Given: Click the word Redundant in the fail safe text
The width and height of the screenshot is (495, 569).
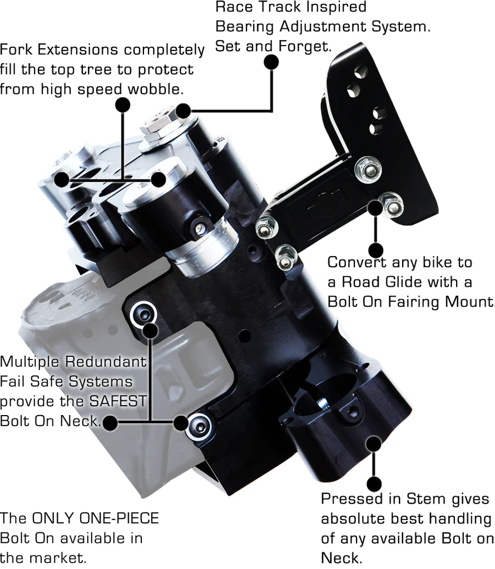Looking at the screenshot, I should coord(106,362).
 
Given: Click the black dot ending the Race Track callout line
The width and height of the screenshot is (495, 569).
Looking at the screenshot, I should coord(270,62).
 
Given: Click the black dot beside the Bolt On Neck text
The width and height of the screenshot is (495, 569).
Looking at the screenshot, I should coord(111,422).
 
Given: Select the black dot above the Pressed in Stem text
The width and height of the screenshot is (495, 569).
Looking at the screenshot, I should coord(374,483).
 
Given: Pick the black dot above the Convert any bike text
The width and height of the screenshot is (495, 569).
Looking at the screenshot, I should coord(376,249).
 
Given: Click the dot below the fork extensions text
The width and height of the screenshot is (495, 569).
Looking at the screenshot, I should coord(122,104).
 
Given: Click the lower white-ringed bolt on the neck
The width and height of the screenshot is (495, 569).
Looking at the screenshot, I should coord(198,427).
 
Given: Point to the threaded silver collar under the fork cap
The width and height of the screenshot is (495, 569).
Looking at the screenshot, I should coord(200,250).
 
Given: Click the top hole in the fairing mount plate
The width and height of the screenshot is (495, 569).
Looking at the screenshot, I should coord(362,71).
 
